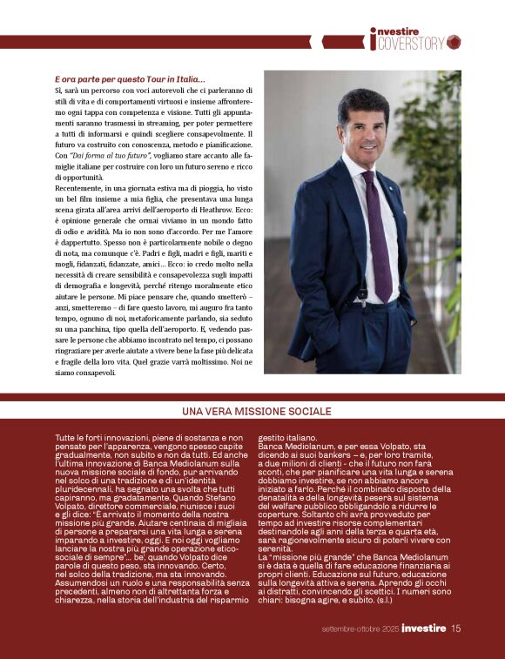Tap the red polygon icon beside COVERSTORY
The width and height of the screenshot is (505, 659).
(454, 41)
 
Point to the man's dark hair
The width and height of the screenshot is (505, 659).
(360, 92)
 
